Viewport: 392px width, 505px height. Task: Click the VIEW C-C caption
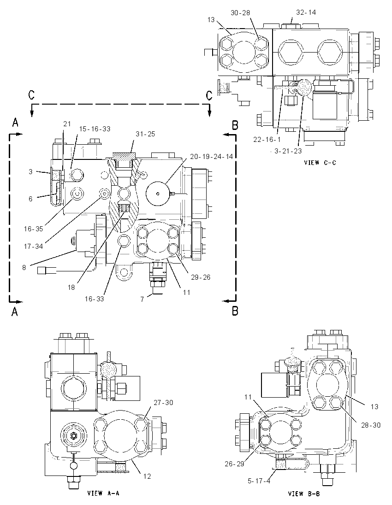(x=320, y=163)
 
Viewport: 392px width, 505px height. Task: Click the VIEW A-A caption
(x=103, y=493)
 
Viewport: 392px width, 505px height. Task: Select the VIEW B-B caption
(x=304, y=494)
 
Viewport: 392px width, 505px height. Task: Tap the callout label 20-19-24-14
(x=211, y=157)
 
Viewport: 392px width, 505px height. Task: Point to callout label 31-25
(x=145, y=134)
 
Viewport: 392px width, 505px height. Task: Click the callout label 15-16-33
(x=95, y=129)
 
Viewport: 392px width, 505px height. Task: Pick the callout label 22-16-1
(x=267, y=140)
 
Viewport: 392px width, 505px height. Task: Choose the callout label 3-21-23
(x=288, y=151)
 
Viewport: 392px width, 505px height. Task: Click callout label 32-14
(x=306, y=12)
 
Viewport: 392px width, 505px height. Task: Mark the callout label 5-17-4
(x=259, y=481)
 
